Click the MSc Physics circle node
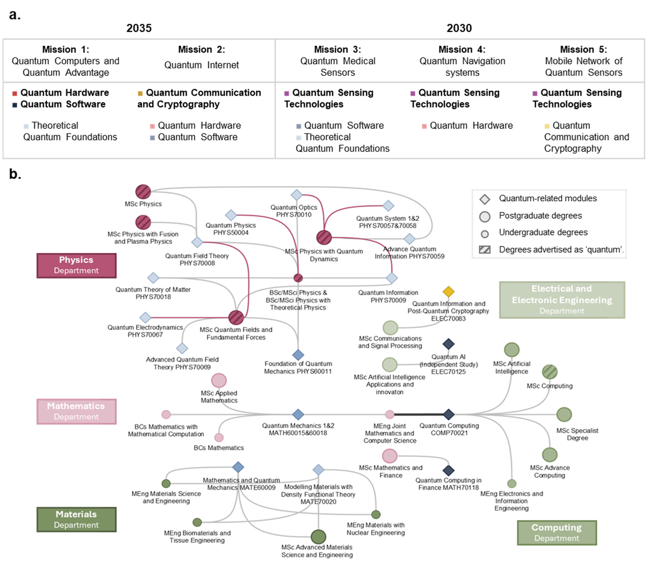click(143, 191)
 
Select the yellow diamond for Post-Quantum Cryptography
click(448, 292)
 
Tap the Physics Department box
click(76, 265)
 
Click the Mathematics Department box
click(76, 411)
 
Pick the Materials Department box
click(76, 519)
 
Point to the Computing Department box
click(557, 533)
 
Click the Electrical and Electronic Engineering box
click(562, 300)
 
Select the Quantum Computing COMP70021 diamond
click(448, 414)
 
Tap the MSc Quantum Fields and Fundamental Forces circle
click(236, 317)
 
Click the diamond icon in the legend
click(484, 199)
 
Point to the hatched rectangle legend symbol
click(484, 250)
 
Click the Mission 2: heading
click(202, 49)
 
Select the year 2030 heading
click(459, 28)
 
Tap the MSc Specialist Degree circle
click(564, 414)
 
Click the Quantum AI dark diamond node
click(448, 344)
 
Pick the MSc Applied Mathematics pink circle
click(219, 380)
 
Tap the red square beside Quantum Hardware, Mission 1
click(14, 93)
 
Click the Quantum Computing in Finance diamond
click(448, 470)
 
